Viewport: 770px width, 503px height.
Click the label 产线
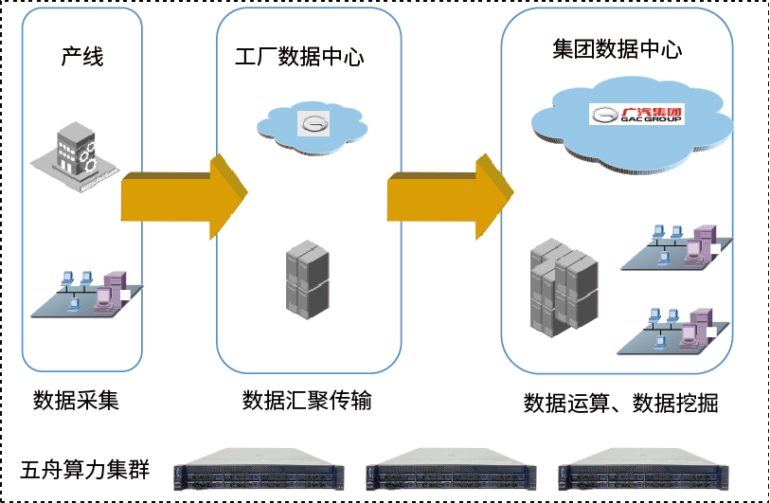click(82, 57)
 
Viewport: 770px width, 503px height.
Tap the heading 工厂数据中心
click(299, 58)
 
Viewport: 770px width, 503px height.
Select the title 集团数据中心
click(617, 49)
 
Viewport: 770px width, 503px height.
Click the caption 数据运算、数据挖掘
click(620, 404)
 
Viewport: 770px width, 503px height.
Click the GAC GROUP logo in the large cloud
click(636, 115)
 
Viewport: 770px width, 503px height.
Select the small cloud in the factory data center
click(312, 121)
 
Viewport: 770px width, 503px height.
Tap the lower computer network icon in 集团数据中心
click(675, 328)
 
